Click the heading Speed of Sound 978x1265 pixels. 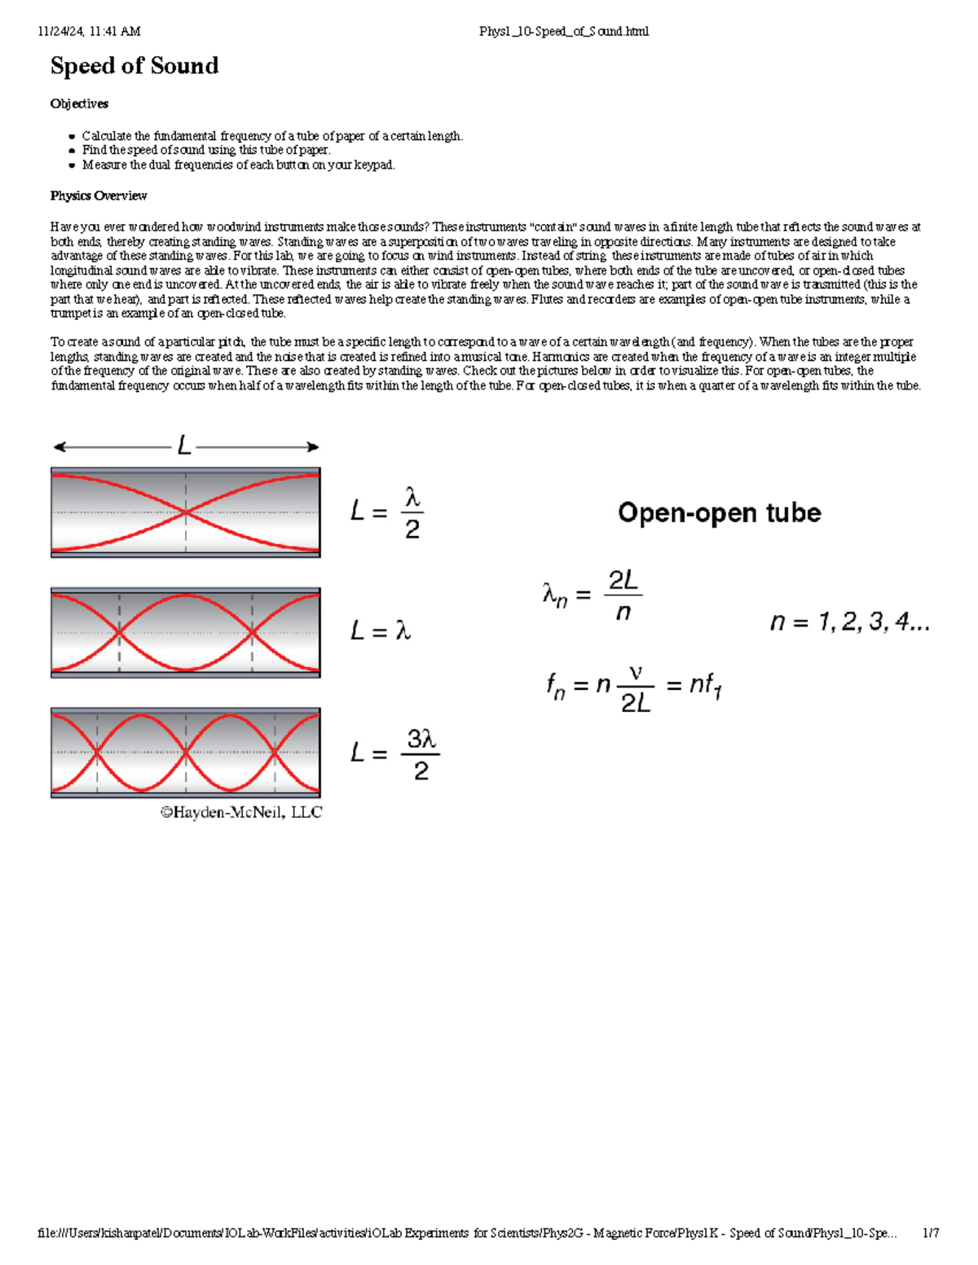coord(134,66)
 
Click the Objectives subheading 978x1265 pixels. coord(79,103)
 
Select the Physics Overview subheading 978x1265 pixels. coord(99,195)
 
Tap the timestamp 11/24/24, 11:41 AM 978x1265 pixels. coord(89,32)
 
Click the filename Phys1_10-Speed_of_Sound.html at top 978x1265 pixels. coord(564,32)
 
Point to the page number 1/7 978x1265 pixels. coord(931,1233)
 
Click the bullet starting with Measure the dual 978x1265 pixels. coord(238,165)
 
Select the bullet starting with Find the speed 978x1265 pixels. coord(205,150)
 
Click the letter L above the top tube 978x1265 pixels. coord(184,446)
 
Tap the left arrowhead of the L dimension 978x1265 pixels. coord(59,446)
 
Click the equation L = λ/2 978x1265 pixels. coord(387,513)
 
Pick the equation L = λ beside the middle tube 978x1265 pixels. coord(381,630)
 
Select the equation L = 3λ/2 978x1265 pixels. coord(394,753)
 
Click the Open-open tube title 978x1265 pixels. coord(719,512)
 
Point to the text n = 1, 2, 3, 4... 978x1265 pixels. coord(849,622)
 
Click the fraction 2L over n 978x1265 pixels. coord(623,596)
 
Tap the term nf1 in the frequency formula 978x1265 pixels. coord(705,685)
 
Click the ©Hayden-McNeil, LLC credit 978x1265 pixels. coord(241,812)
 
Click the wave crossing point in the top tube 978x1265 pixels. coord(186,512)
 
